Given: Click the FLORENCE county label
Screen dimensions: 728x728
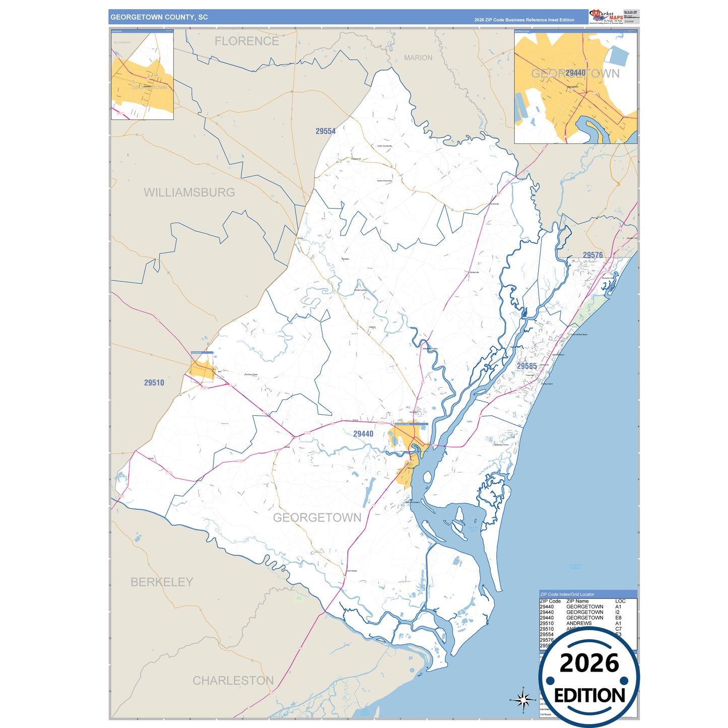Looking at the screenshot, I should pos(246,41).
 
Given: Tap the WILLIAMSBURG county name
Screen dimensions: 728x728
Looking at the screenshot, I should pos(189,192).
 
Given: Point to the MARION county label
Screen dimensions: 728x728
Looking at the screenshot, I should pos(418,58).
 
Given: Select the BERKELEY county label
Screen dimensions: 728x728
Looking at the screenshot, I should pos(162,582).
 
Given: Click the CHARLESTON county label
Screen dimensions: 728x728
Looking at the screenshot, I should pos(233,681).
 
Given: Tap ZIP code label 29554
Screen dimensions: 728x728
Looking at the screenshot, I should pos(325,131).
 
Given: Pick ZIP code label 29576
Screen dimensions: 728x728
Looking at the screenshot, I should pos(592,255).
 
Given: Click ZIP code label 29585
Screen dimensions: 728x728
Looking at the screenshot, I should pos(526,366).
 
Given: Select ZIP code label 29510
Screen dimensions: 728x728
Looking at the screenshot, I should pos(154,383).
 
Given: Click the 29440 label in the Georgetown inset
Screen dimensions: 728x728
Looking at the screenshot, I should pos(575,73).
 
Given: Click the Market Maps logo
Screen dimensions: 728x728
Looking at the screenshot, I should pos(606,17).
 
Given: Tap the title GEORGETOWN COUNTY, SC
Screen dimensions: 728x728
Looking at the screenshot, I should pos(159,17).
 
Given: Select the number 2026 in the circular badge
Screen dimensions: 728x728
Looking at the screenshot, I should pos(589,663).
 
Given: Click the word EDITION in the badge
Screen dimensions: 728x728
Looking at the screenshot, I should pos(589,696).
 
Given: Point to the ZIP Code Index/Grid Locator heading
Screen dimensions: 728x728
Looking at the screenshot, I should pos(567,594).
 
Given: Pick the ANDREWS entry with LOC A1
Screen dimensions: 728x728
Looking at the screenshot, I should pos(579,623).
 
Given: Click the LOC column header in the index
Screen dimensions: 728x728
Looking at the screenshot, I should pos(620,601).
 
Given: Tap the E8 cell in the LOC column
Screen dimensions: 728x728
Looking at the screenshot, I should pos(618,618).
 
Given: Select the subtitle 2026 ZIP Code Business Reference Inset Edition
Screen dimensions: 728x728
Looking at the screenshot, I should pos(524,20).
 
